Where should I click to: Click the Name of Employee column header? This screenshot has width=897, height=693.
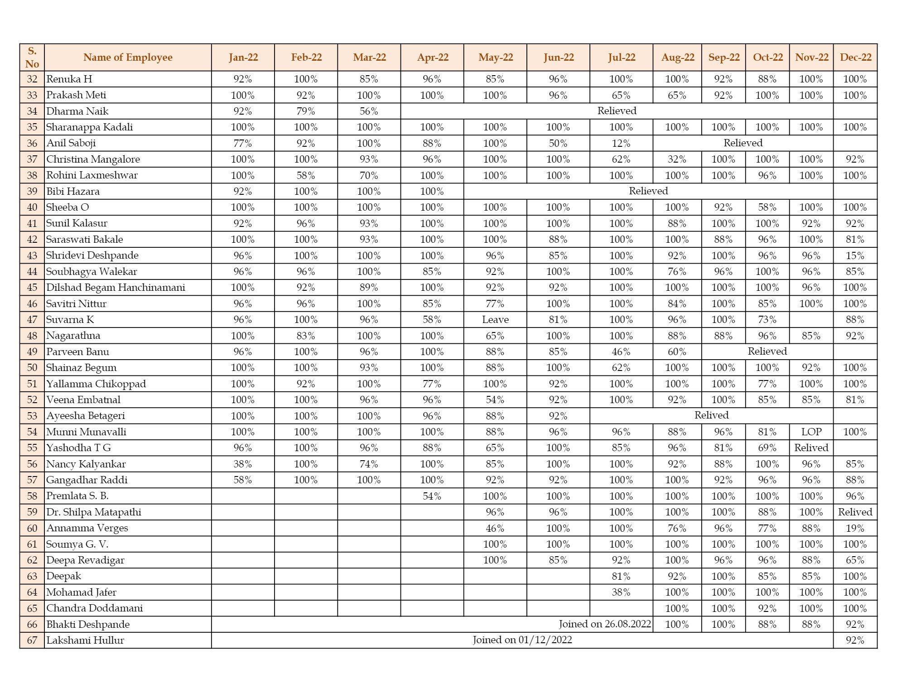(128, 58)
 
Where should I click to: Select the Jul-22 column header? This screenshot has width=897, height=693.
(622, 58)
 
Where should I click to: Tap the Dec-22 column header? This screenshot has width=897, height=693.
(855, 58)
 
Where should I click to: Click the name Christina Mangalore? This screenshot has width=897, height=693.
(93, 159)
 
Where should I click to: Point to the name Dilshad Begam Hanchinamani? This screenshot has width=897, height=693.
(116, 288)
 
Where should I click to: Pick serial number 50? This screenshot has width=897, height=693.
(32, 368)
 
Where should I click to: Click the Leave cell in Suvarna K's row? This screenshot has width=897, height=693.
(495, 320)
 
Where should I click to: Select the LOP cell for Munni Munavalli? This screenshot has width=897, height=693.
(811, 432)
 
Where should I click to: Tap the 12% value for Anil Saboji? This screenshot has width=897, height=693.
(621, 144)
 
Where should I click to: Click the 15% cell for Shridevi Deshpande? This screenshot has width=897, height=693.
(855, 256)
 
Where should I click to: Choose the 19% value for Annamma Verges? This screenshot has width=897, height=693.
(855, 529)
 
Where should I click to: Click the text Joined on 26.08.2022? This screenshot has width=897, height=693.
(605, 624)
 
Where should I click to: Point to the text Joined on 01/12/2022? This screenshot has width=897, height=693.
(522, 640)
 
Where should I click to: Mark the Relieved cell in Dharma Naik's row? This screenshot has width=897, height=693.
(617, 111)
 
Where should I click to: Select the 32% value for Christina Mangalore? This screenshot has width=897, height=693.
(677, 159)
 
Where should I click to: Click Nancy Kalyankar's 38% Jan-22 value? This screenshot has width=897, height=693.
(243, 464)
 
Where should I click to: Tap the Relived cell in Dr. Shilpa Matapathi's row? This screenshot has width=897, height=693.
(855, 512)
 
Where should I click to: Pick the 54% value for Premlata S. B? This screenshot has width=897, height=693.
(432, 496)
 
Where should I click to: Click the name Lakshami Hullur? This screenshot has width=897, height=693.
(85, 640)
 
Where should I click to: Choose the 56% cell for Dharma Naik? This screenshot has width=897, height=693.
(369, 111)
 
